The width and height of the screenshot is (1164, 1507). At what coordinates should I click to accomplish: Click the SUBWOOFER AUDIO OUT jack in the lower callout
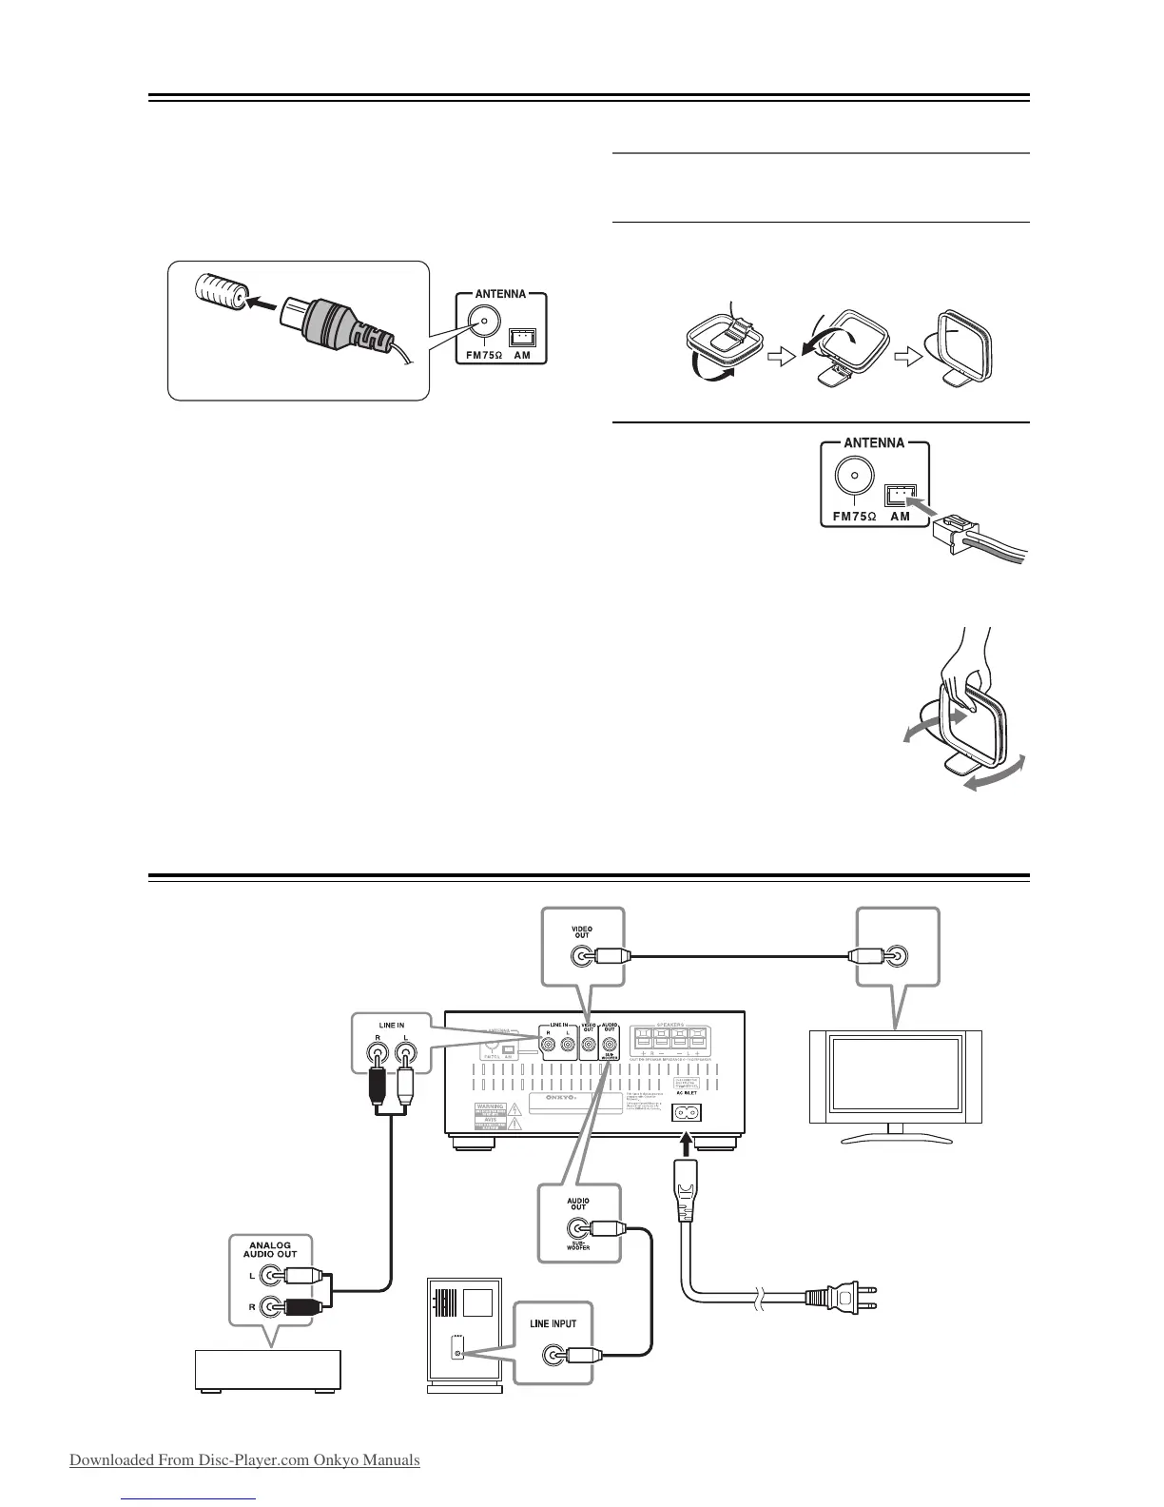click(577, 1228)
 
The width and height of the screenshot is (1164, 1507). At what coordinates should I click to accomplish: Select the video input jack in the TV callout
click(896, 956)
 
